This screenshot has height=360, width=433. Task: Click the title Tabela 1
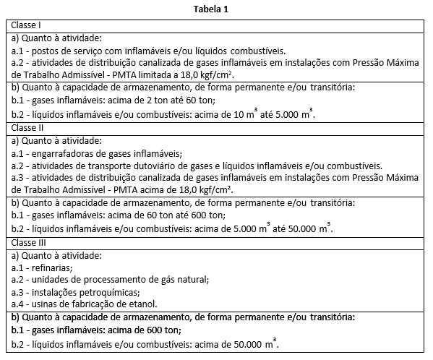pos(216,9)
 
